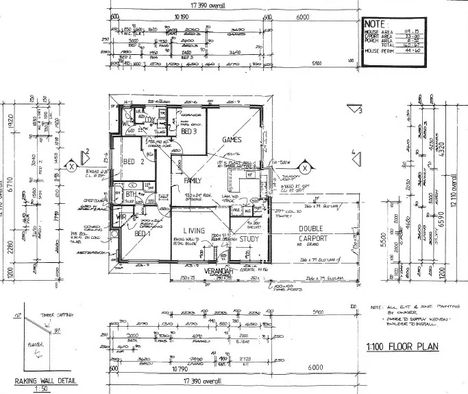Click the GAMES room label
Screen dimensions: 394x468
click(x=232, y=139)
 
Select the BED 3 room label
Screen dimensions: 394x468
click(x=190, y=130)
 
